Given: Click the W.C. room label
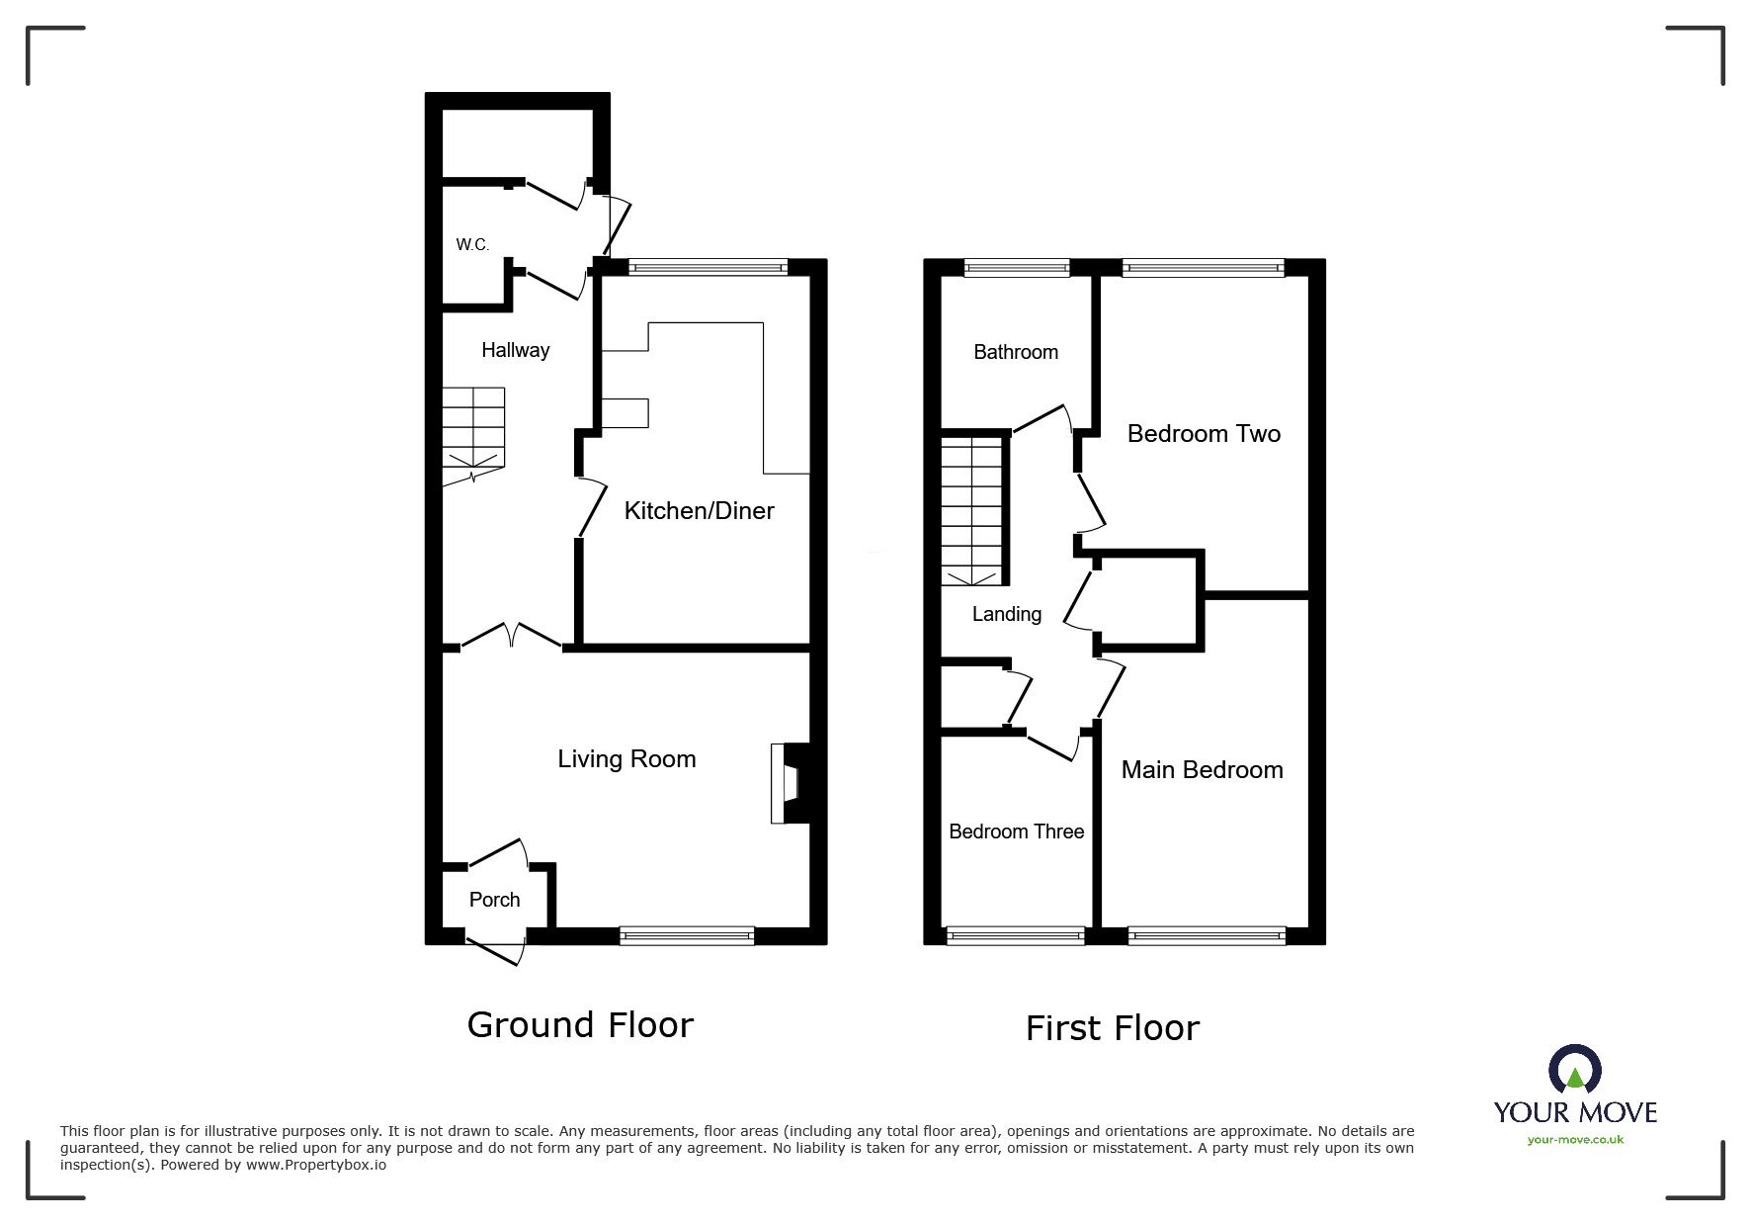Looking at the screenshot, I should pyautogui.click(x=472, y=244).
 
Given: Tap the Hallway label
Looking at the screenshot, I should pyautogui.click(x=515, y=350).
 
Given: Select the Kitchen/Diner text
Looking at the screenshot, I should pyautogui.click(x=699, y=510).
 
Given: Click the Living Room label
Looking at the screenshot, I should pyautogui.click(x=626, y=758).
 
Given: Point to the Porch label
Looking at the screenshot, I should pyautogui.click(x=494, y=900).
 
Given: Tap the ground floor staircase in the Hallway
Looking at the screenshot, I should pyautogui.click(x=473, y=435).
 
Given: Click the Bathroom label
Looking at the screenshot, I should pyautogui.click(x=1015, y=352).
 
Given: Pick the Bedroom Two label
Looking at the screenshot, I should pyautogui.click(x=1204, y=433).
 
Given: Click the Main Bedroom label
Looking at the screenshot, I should pyautogui.click(x=1202, y=769).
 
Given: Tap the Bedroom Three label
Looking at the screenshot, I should pyautogui.click(x=1016, y=831).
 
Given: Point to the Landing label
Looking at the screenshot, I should pyautogui.click(x=1006, y=614).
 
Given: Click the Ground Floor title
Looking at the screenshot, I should pyautogui.click(x=580, y=1024).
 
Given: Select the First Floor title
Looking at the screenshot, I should pyautogui.click(x=1112, y=1028).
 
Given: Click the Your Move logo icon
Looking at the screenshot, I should pyautogui.click(x=1574, y=1071).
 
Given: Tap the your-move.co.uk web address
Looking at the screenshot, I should pyautogui.click(x=1575, y=1140).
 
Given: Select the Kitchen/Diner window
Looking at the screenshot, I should pyautogui.click(x=708, y=266).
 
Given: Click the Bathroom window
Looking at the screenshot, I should pyautogui.click(x=1016, y=266).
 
